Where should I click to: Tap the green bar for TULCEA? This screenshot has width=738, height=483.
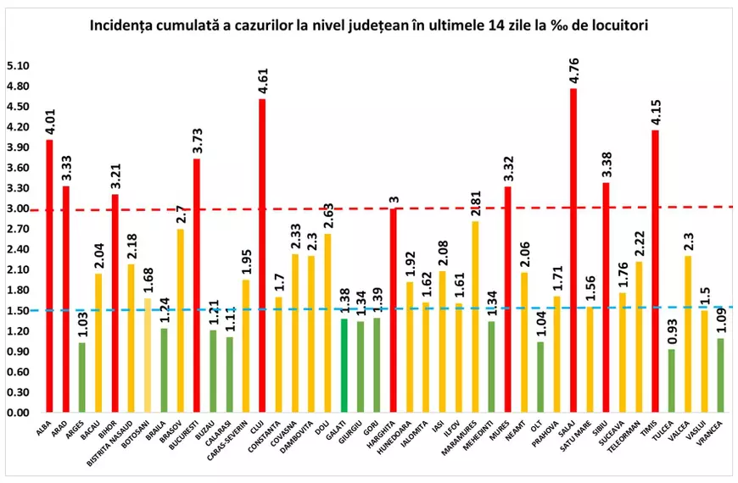pyautogui.click(x=672, y=380)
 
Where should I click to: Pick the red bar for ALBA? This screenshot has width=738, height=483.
pyautogui.click(x=49, y=275)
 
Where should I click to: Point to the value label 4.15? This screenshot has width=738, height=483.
pyautogui.click(x=655, y=109)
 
